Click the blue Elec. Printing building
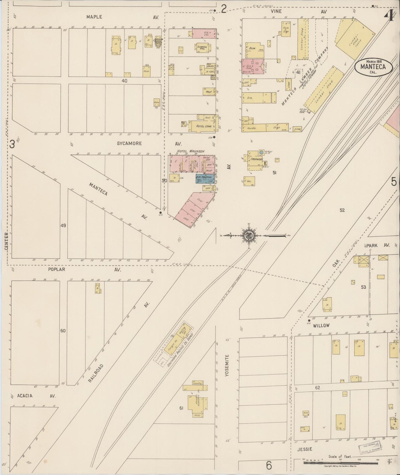click(x=205, y=179)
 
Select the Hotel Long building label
click(x=203, y=126)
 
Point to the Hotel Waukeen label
click(x=190, y=151)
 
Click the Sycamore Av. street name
click(x=129, y=144)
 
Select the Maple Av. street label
click(x=94, y=17)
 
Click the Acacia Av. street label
click(x=25, y=396)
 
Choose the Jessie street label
click(x=305, y=449)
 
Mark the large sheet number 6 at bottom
click(x=269, y=466)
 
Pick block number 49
click(x=63, y=226)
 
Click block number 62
click(x=317, y=388)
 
